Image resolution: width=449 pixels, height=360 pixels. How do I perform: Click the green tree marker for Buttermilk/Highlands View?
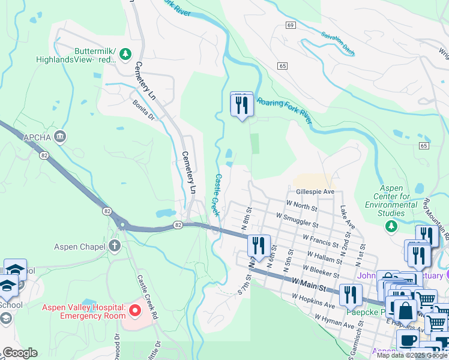(x=125, y=55)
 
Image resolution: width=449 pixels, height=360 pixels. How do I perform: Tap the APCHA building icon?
(x=59, y=137)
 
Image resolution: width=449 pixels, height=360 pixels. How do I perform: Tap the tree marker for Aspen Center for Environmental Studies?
(x=391, y=225)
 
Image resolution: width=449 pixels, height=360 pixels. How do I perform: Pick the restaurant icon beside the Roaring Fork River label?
(x=242, y=104)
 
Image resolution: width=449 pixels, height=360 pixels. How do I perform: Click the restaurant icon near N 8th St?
(x=259, y=245)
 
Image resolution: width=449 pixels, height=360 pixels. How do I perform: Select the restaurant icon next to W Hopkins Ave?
(x=351, y=295)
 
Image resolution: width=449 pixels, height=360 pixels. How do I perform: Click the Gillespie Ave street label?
(x=315, y=192)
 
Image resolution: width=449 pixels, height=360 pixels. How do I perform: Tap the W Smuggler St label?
(x=297, y=219)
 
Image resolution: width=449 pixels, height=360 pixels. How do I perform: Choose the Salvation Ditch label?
(x=337, y=44)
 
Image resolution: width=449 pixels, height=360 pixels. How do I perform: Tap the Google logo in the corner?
(x=20, y=353)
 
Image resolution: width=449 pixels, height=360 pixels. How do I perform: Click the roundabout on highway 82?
(x=122, y=226)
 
